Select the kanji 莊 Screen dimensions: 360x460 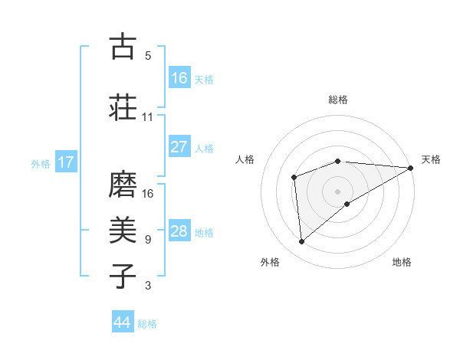(123, 106)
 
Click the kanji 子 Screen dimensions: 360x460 (123, 276)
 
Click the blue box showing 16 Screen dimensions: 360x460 (179, 78)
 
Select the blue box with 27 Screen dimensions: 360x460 (179, 147)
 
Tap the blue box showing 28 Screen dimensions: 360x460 (179, 231)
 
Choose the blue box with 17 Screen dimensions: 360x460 (66, 162)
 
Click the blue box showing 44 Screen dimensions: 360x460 (123, 322)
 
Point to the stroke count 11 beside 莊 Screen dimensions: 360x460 (148, 117)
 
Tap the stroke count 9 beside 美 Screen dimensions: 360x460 (148, 240)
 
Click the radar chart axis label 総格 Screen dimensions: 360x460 (338, 100)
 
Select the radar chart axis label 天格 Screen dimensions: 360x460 (431, 159)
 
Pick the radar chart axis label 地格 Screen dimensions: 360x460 (402, 262)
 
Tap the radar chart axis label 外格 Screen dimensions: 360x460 (270, 262)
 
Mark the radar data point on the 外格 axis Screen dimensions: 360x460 (302, 242)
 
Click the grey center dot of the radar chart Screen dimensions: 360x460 (338, 191)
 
